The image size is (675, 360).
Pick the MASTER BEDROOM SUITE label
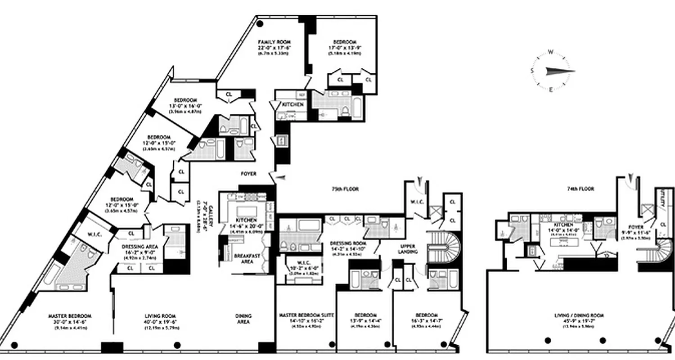pyautogui.click(x=306, y=315)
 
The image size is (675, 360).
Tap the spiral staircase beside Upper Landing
pyautogui.click(x=443, y=247)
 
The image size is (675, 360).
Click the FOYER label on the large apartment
pyautogui.click(x=248, y=174)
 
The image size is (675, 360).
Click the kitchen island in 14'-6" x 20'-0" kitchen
pyautogui.click(x=246, y=211)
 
